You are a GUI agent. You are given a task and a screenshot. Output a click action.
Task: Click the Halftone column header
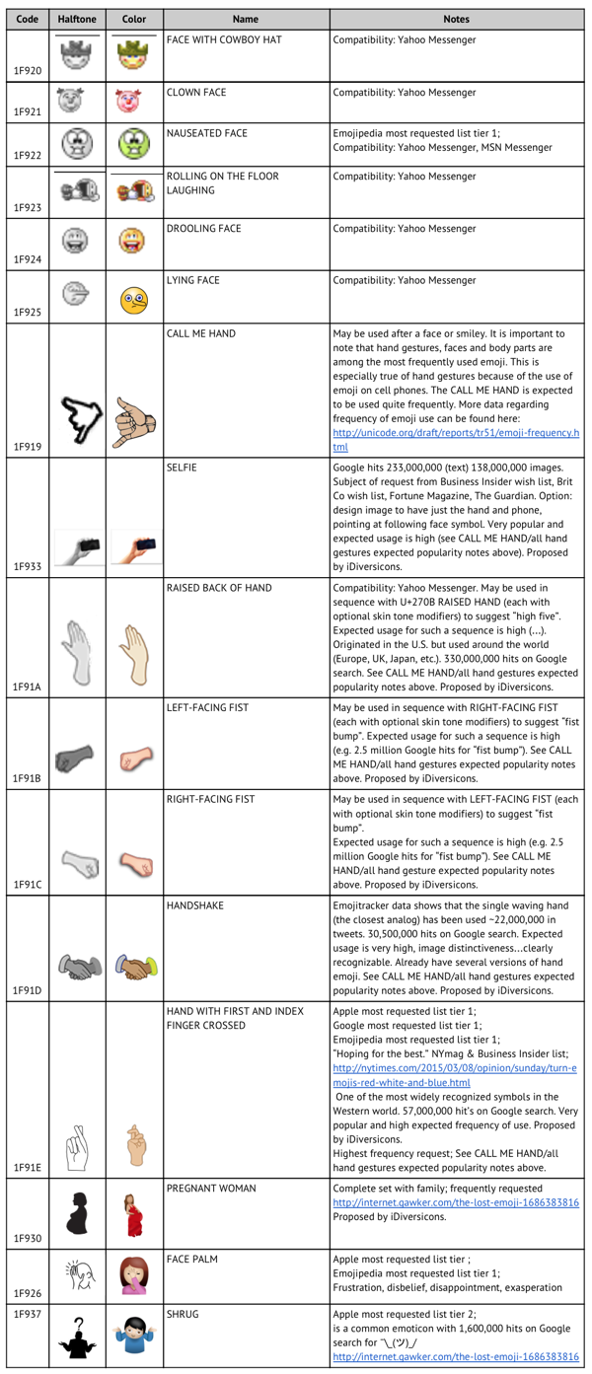coord(76,19)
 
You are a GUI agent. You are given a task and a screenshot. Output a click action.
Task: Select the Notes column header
coord(456,19)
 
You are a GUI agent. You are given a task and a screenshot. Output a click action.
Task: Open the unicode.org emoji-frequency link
coord(455,440)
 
